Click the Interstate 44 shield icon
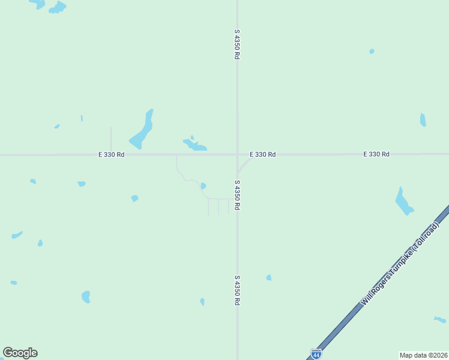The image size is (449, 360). [x=316, y=353]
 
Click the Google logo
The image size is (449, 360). [x=20, y=353]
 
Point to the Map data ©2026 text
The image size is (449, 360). [x=423, y=355]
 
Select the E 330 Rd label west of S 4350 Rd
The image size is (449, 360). [x=112, y=155]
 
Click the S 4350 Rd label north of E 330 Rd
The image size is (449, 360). [x=237, y=44]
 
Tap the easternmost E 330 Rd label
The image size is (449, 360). [x=376, y=154]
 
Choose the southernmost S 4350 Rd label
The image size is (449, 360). [x=237, y=290]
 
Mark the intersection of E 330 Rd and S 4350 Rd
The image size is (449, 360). [x=237, y=155]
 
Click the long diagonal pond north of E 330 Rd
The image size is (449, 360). [x=143, y=130]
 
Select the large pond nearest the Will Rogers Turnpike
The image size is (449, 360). [x=403, y=202]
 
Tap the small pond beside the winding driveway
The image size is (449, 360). [x=203, y=186]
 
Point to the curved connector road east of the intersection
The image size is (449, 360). [x=243, y=163]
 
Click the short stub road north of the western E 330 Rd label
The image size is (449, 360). [x=111, y=138]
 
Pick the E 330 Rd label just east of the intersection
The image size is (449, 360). [x=262, y=155]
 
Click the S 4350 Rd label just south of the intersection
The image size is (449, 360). [x=237, y=194]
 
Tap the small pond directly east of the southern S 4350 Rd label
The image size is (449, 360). [x=269, y=277]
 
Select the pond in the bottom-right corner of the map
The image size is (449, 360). [x=440, y=319]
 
